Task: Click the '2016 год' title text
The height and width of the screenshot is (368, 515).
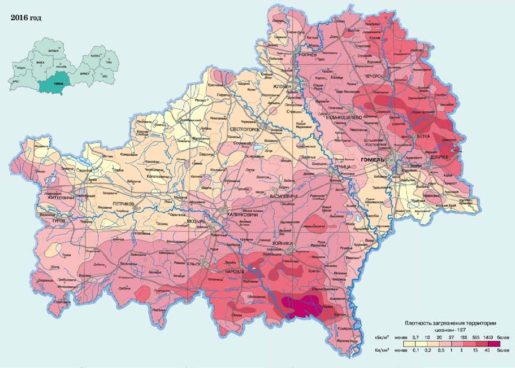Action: pos(25,17)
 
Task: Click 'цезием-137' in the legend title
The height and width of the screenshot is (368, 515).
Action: pos(451,329)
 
